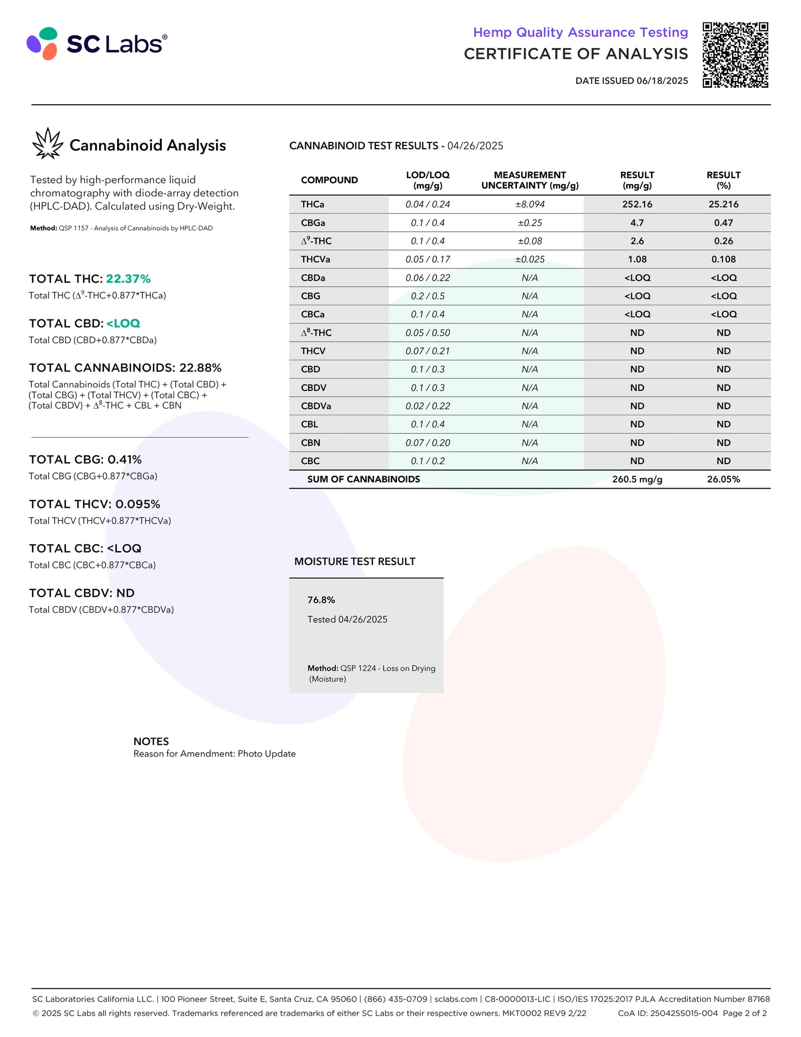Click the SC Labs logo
coord(97,43)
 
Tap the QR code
coord(735,55)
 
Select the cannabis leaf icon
coord(48,144)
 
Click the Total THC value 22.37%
coord(128,279)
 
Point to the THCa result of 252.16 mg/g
coord(637,205)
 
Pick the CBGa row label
coord(313,223)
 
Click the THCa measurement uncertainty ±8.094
coord(529,205)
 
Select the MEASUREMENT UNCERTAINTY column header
coord(529,180)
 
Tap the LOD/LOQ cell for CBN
coord(427,443)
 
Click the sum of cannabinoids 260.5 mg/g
coord(637,480)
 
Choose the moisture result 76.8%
coord(321,600)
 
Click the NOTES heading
coord(151,741)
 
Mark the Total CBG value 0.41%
coord(124,460)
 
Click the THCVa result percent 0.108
coord(723,260)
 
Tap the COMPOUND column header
coord(329,180)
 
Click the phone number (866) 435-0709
coord(395,999)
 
